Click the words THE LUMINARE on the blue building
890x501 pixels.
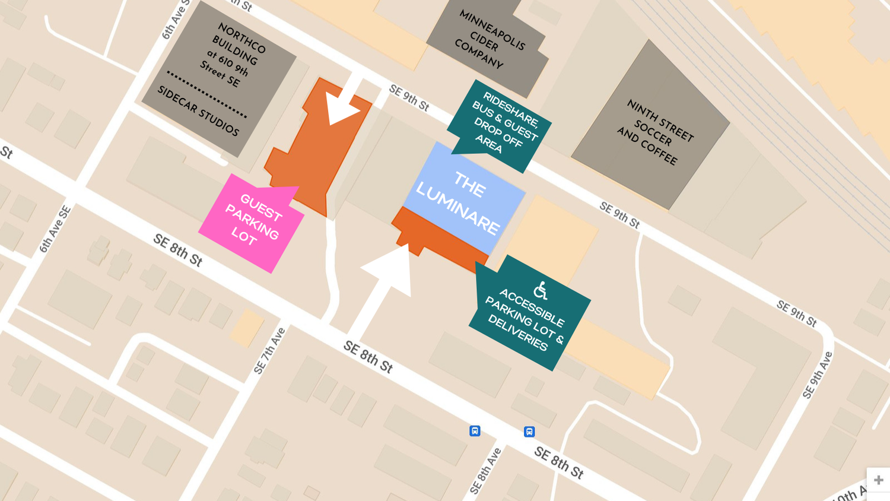(458, 202)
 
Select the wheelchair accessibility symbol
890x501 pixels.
(540, 290)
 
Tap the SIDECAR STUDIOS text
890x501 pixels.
(198, 110)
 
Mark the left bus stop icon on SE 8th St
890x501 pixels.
(475, 431)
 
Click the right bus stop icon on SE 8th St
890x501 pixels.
(529, 432)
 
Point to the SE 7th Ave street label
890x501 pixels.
(270, 351)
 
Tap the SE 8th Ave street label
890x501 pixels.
(485, 471)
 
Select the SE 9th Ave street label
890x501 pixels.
(817, 375)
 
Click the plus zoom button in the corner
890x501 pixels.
(878, 480)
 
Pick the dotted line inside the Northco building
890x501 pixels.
(206, 94)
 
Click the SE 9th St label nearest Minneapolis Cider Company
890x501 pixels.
(409, 98)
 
